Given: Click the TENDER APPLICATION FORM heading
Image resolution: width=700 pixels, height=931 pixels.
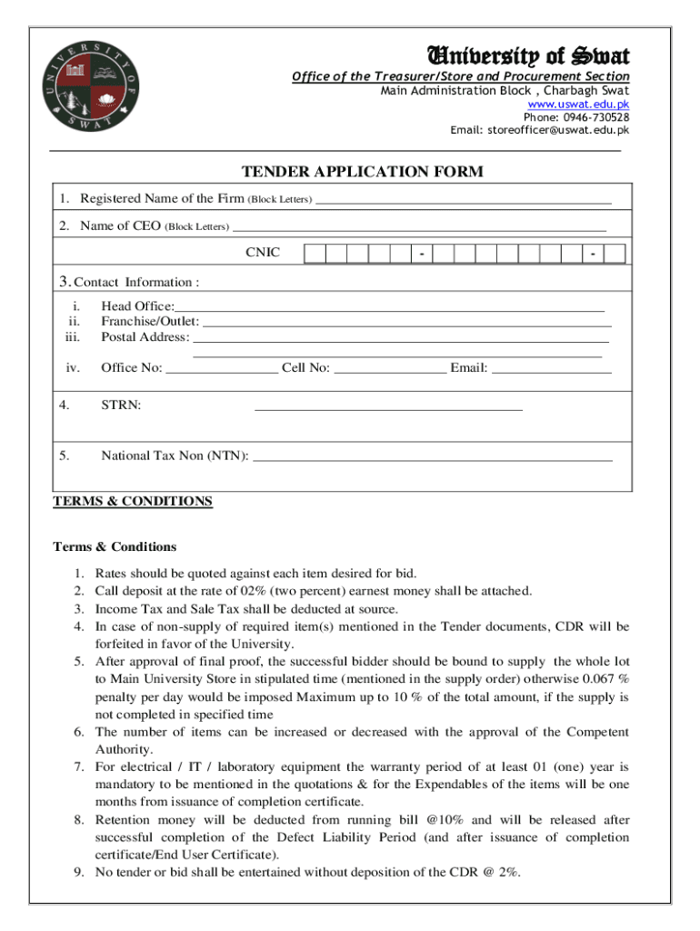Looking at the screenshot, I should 362,172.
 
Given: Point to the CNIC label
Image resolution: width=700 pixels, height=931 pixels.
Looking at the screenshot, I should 263,253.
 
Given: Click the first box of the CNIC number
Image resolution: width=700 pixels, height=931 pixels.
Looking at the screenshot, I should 315,254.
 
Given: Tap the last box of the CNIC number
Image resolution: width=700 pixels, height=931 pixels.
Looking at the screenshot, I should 615,254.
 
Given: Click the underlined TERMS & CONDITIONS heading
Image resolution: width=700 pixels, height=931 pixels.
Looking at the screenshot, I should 133,501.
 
